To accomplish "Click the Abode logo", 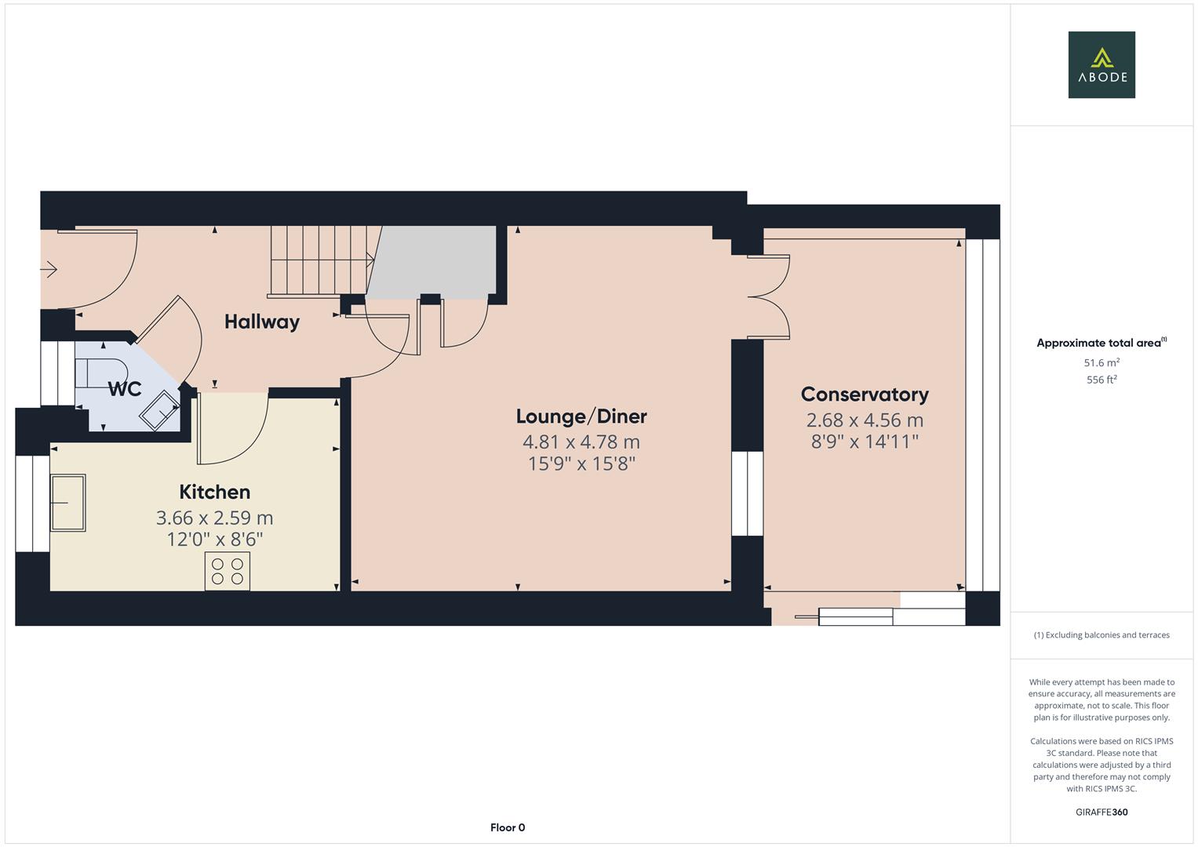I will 1101,65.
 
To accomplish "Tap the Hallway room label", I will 261,322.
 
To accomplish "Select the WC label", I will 124,389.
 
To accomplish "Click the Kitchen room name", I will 214,492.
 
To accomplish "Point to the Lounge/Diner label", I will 581,416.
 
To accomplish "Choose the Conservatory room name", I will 864,394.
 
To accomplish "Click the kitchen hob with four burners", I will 228,570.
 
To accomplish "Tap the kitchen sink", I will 68,503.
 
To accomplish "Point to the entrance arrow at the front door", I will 49,270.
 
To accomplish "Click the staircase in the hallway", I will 322,260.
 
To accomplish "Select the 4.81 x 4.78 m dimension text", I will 581,442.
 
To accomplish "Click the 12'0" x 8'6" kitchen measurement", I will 214,540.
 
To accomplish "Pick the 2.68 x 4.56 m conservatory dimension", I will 864,420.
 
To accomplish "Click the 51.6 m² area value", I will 1101,363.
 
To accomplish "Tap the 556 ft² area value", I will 1101,380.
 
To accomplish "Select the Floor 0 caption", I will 507,827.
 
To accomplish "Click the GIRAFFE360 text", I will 1101,812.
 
